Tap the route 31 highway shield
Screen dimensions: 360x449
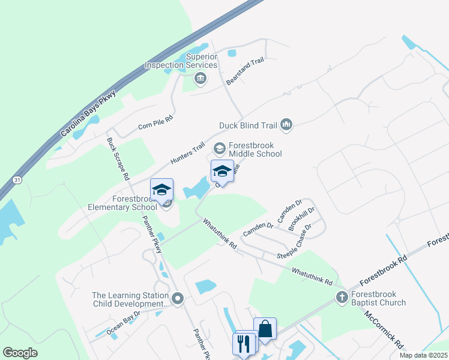pyautogui.click(x=16, y=180)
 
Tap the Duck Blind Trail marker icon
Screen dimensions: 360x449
pyautogui.click(x=286, y=125)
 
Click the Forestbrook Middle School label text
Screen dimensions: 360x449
pyautogui.click(x=255, y=149)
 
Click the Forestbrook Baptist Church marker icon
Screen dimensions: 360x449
pyautogui.click(x=342, y=297)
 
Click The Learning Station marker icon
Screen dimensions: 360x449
pyautogui.click(x=177, y=298)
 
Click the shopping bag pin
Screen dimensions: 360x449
pyautogui.click(x=265, y=329)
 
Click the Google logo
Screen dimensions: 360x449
pyautogui.click(x=20, y=353)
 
